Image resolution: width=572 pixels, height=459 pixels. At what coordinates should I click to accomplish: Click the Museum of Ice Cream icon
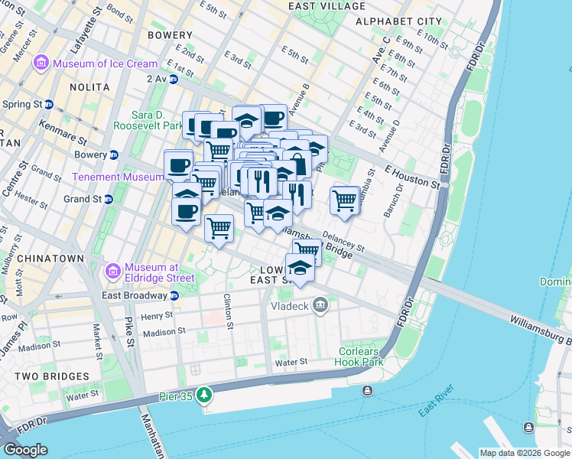click(42, 63)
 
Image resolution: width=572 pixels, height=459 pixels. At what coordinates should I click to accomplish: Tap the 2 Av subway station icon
click(174, 78)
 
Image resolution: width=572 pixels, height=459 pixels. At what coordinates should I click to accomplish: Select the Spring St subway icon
click(49, 104)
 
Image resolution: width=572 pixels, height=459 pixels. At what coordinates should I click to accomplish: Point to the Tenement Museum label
click(118, 177)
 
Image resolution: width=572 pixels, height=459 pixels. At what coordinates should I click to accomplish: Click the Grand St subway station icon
click(108, 199)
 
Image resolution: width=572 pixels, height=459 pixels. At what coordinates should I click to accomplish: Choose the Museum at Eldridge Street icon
click(113, 270)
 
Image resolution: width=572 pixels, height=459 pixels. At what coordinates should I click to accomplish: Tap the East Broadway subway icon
click(174, 295)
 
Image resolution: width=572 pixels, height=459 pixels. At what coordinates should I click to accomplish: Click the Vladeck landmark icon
click(320, 306)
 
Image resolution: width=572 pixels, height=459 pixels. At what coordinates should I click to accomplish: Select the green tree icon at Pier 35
click(203, 395)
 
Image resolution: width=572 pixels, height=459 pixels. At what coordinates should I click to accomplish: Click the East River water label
click(437, 409)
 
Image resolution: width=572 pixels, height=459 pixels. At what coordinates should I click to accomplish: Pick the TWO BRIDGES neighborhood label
click(47, 376)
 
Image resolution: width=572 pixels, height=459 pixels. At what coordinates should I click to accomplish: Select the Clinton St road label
click(227, 312)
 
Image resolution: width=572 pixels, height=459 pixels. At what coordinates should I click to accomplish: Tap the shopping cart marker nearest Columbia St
click(345, 200)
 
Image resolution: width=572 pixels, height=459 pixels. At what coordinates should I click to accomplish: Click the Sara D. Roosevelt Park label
click(148, 120)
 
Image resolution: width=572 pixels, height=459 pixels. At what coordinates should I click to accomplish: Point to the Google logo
click(25, 450)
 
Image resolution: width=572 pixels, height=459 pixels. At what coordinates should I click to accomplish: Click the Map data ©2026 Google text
click(524, 453)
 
